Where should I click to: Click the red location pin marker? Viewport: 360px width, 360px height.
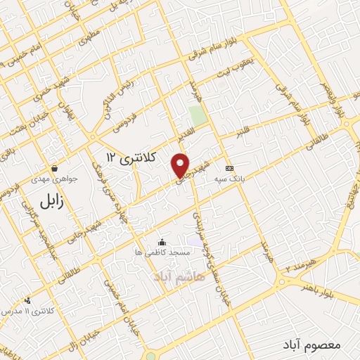pos(181,165)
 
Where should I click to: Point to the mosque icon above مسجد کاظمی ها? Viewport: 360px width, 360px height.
pos(162,241)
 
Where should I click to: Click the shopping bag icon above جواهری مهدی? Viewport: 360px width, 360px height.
pos(55,168)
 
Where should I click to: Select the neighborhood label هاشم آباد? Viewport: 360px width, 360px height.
pos(180,278)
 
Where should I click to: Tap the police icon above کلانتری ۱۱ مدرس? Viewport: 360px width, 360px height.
pos(27,300)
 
